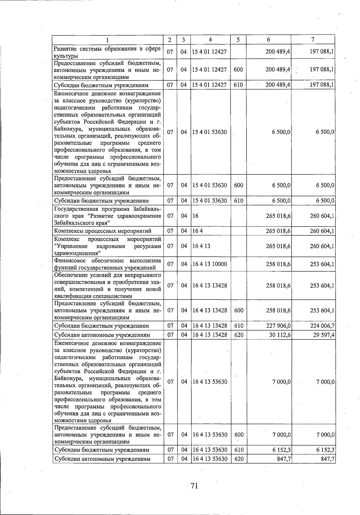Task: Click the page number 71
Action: [x=194, y=486]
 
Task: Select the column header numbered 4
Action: [x=210, y=40]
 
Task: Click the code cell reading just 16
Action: [x=195, y=216]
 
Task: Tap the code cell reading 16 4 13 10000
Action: [x=210, y=264]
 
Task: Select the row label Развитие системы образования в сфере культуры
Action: [x=107, y=52]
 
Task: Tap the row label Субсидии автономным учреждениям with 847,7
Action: [x=102, y=459]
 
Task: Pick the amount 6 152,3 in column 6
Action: [x=281, y=450]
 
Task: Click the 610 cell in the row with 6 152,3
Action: [x=238, y=450]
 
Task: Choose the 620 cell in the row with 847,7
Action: [x=238, y=459]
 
